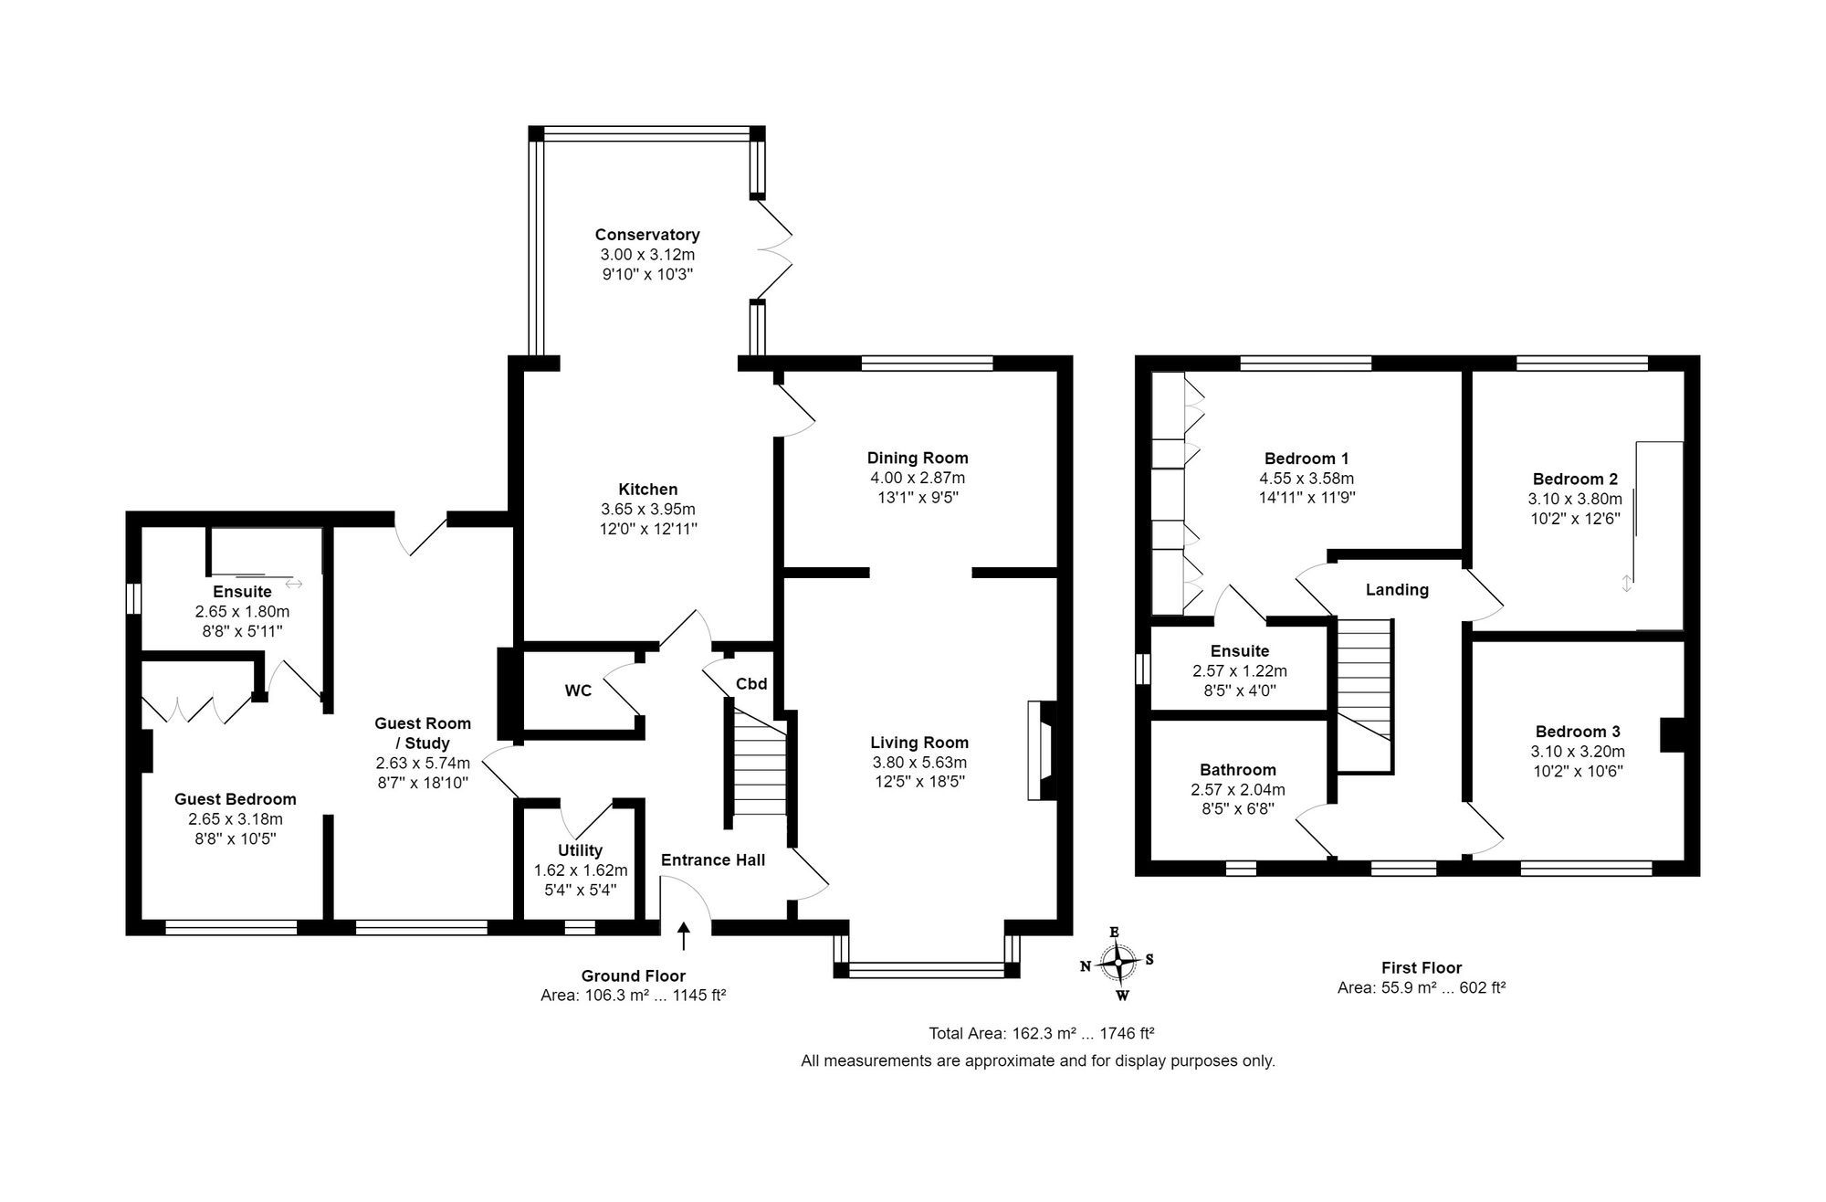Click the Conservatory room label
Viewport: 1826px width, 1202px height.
[x=646, y=235]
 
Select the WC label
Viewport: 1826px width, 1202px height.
[x=578, y=691]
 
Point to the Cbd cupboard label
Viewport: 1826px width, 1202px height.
[x=751, y=683]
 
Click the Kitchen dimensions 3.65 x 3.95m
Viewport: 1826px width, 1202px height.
[x=647, y=509]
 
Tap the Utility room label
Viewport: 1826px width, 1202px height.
[x=580, y=850]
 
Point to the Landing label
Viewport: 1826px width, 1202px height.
[x=1396, y=590]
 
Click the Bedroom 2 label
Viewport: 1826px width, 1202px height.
[x=1575, y=479]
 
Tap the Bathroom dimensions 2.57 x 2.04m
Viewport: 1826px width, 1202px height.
[x=1237, y=790]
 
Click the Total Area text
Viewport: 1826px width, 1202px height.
[x=1041, y=1034]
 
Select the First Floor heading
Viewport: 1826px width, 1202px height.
[x=1421, y=967]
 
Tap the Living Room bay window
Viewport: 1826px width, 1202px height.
[x=927, y=968]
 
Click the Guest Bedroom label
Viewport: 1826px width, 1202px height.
[x=235, y=799]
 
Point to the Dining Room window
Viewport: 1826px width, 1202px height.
[x=927, y=364]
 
